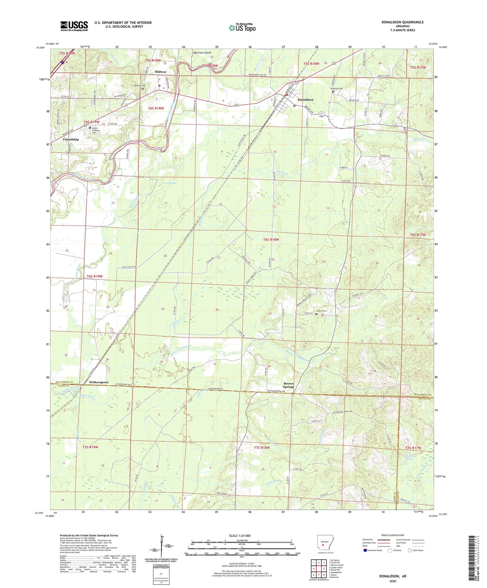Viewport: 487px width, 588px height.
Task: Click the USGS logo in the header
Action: point(74,26)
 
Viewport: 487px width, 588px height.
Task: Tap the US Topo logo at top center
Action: point(242,28)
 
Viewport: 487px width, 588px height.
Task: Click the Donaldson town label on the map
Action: point(305,100)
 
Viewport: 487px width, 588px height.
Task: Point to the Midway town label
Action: point(160,72)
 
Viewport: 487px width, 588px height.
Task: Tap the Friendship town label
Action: point(71,139)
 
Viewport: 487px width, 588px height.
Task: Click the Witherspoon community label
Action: point(99,382)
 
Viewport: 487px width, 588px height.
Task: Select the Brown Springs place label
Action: point(288,385)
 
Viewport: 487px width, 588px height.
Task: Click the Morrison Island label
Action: point(202,53)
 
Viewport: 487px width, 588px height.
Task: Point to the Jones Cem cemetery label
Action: point(321,311)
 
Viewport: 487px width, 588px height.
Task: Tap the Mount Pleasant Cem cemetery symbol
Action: point(90,128)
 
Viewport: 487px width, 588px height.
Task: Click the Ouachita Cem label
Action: point(336,89)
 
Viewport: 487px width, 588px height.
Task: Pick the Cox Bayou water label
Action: point(171,183)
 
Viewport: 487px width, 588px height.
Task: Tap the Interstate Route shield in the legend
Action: point(365,550)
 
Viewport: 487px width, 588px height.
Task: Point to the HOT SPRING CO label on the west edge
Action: point(64,382)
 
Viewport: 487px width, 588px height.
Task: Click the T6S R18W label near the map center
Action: point(271,239)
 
